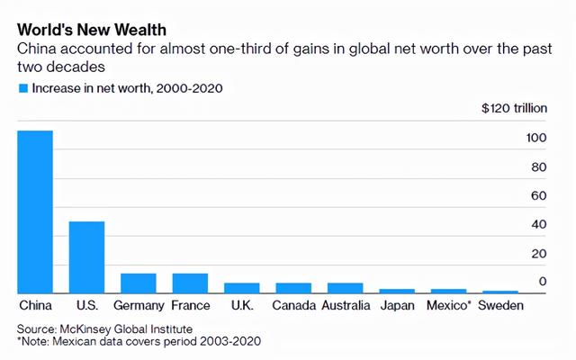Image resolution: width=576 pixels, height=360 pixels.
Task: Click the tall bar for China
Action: [x=35, y=211]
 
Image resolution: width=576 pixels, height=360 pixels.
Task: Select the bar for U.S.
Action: [x=86, y=256]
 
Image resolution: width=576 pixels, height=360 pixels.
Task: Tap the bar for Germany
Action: [x=139, y=283]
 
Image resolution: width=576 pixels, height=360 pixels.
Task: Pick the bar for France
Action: [x=190, y=283]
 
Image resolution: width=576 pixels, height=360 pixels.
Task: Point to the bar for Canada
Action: [x=293, y=288]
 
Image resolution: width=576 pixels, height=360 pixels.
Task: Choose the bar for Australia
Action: [x=345, y=288]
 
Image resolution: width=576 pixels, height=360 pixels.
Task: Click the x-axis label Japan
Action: [x=397, y=306]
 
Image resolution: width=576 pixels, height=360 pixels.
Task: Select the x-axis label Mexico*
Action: [x=449, y=306]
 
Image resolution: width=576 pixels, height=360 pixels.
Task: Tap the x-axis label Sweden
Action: [x=500, y=306]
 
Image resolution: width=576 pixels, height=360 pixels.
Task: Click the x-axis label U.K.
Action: [x=241, y=306]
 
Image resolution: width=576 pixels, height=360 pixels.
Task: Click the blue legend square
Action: [x=22, y=89]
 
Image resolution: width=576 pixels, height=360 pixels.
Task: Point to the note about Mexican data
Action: [x=139, y=342]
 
